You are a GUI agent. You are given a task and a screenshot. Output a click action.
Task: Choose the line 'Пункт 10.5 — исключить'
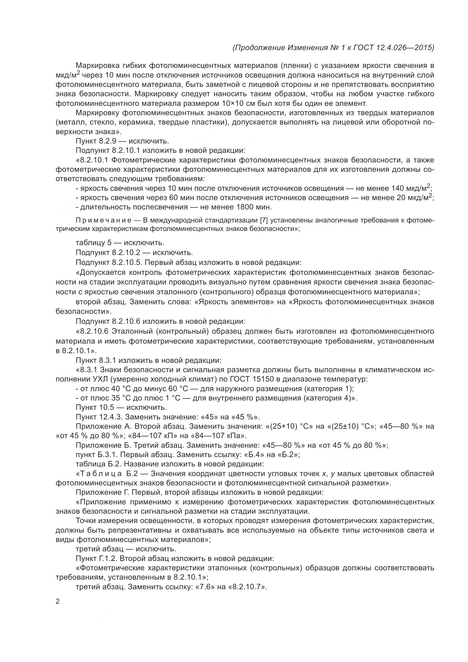pyautogui.click(x=121, y=407)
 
